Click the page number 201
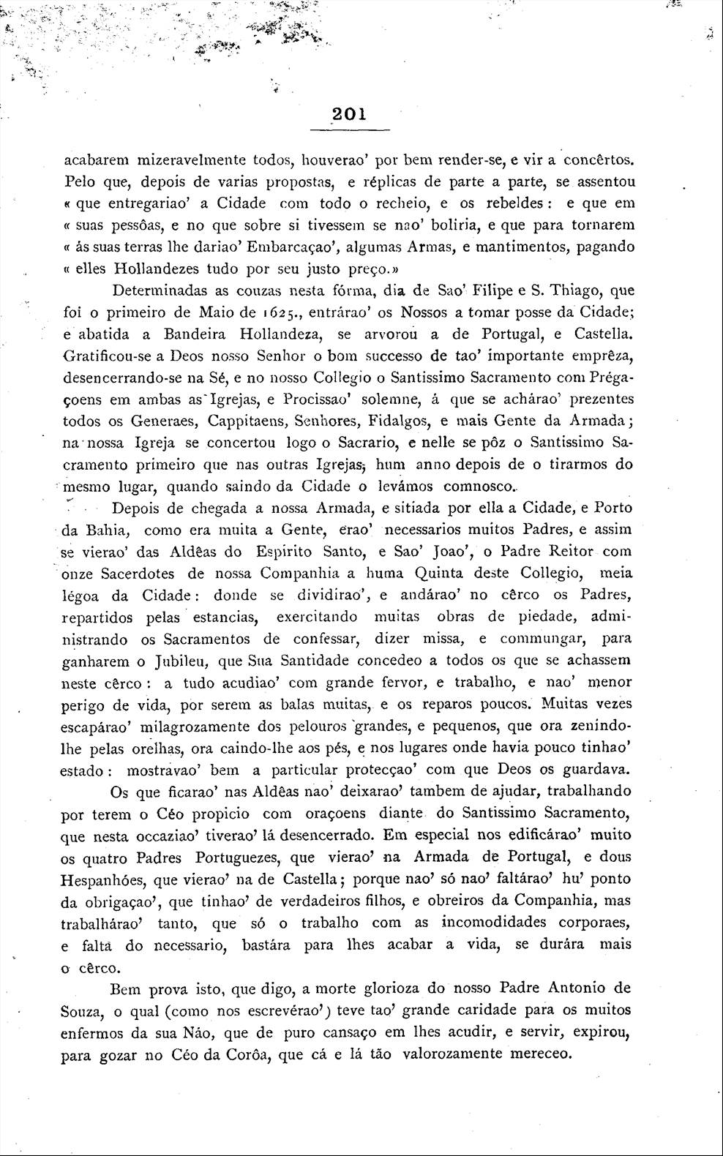(350, 114)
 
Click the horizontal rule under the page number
(350, 130)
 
